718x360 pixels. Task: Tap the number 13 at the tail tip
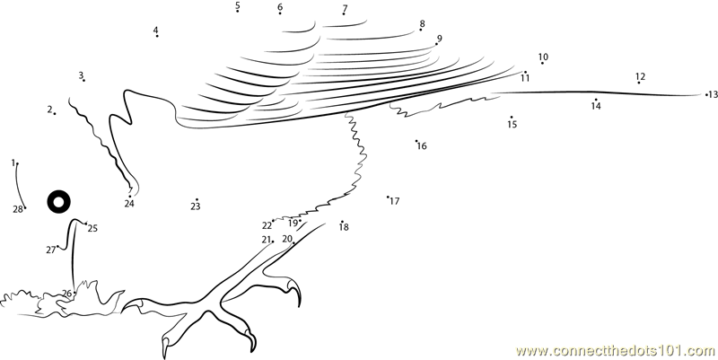coord(714,94)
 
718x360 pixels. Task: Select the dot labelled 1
coord(17,164)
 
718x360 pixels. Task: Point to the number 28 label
coord(17,209)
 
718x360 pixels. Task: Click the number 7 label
coord(345,9)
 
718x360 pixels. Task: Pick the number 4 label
coord(155,31)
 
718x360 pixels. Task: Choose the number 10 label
coord(543,57)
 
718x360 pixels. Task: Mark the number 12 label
coord(640,76)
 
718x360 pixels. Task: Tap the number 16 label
coord(422,145)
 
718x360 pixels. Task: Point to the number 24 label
coord(129,204)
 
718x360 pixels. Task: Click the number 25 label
coord(92,228)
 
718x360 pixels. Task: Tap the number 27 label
coord(50,250)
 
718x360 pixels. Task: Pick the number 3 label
coord(81,75)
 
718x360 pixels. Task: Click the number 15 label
coord(512,125)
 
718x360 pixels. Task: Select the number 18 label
coord(344,227)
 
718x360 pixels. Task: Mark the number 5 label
coord(238,6)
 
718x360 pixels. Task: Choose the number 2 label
coord(49,110)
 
